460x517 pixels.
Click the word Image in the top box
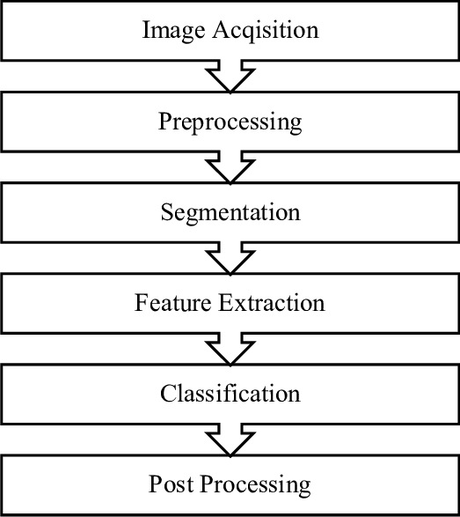171,31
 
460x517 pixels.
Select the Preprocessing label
230,122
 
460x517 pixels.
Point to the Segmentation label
230,213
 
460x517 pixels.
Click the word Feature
172,304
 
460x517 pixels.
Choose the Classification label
230,394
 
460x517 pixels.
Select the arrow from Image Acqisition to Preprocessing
230,78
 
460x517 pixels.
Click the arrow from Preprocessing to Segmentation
230,168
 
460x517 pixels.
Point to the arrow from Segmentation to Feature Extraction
230,259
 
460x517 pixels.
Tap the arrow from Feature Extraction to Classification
230,350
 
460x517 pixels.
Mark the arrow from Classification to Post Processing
230,439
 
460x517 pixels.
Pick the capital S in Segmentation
166,212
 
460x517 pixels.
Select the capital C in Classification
167,394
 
